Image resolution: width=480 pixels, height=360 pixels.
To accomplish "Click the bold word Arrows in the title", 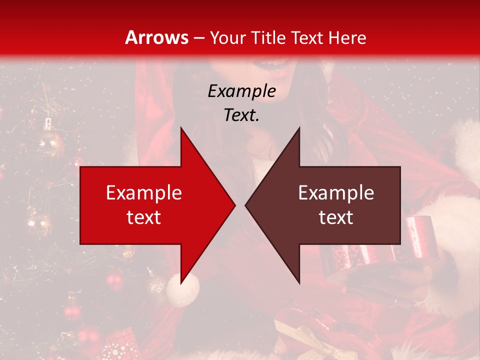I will coord(157,37).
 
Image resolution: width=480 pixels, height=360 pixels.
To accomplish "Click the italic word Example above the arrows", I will coord(241,91).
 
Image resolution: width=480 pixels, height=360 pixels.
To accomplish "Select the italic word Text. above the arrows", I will coord(241,115).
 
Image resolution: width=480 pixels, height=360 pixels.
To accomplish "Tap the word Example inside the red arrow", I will coord(144,193).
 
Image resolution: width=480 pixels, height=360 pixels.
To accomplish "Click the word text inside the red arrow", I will coord(144,217).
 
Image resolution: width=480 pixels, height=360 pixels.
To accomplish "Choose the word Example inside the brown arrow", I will coord(336,193).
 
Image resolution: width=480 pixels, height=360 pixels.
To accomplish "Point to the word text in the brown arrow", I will coord(336,217).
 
